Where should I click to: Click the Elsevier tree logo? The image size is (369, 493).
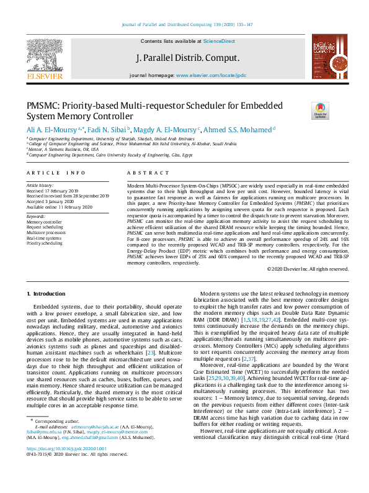(45, 55)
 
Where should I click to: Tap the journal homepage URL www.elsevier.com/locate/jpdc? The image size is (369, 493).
(211, 75)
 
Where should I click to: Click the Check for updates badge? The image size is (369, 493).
(320, 111)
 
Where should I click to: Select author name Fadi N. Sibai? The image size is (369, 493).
(105, 129)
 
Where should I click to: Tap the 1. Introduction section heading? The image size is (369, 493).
(48, 293)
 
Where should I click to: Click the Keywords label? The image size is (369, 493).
(36, 216)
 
